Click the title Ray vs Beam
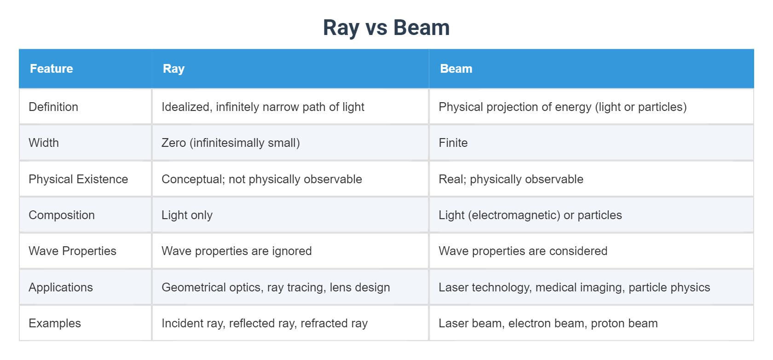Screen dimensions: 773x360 (x=386, y=28)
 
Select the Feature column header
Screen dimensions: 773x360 (x=52, y=69)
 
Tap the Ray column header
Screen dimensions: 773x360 (x=173, y=69)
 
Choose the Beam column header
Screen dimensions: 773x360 (x=456, y=69)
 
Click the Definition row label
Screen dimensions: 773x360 (x=53, y=107)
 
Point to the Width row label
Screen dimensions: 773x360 (x=44, y=143)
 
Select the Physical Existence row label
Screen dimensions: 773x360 (x=78, y=179)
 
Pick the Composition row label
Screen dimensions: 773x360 (x=62, y=215)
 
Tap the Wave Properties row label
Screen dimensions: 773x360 (x=73, y=251)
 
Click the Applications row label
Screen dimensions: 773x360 (x=61, y=287)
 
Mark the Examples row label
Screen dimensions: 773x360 (x=55, y=324)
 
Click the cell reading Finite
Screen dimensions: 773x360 (x=453, y=143)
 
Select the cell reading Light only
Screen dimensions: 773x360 (x=187, y=215)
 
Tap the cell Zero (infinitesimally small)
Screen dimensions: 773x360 (x=231, y=143)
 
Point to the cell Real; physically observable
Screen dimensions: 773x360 (x=511, y=179)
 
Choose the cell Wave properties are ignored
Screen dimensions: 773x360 (x=237, y=251)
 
